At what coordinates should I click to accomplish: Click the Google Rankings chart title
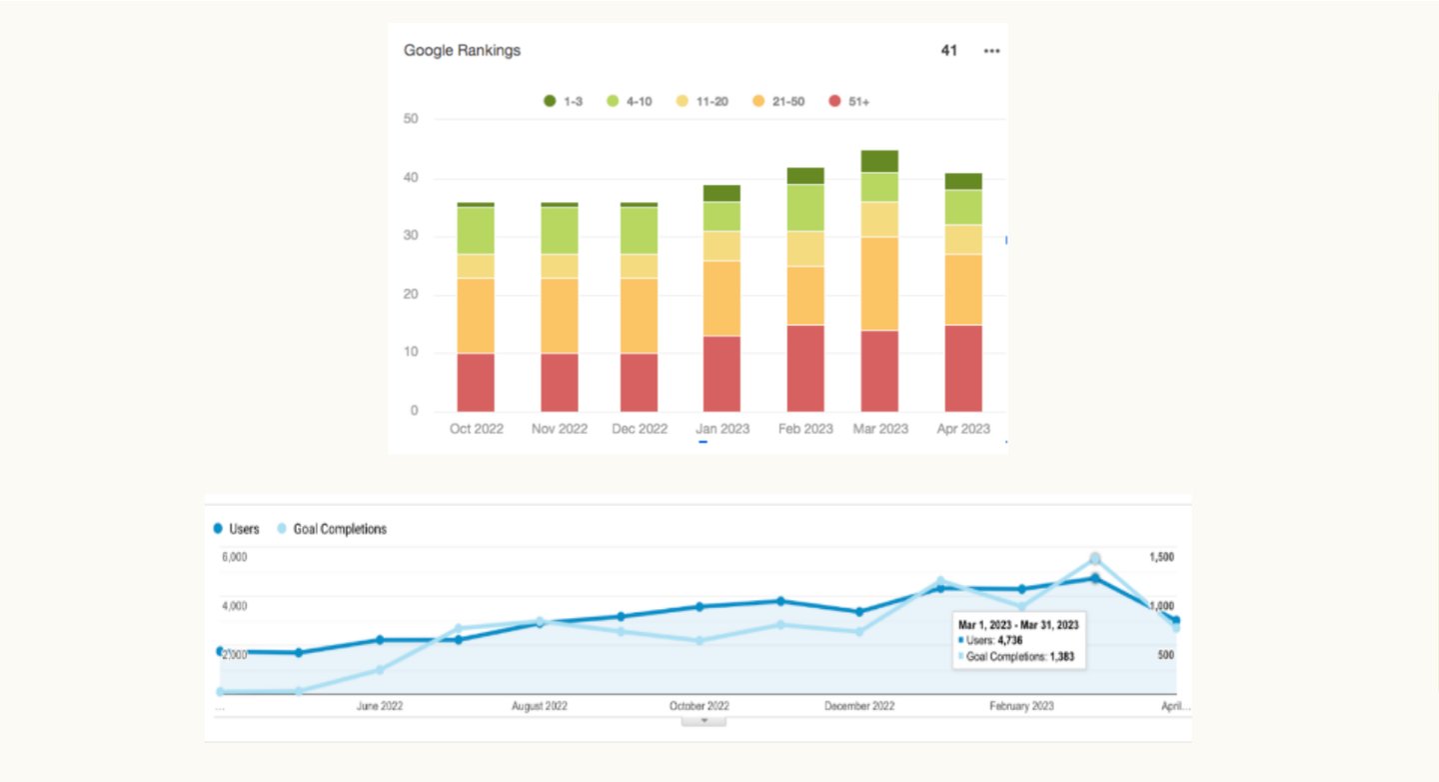coord(462,51)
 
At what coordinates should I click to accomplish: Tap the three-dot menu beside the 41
coord(991,51)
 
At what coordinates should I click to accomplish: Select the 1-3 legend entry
coord(564,101)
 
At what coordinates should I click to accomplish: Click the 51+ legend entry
coord(850,101)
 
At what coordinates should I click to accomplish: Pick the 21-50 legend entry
coord(778,101)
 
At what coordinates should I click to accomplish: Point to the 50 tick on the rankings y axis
coord(411,119)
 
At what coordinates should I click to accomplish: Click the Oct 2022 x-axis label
coord(477,429)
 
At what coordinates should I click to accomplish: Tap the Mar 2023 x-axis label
coord(879,429)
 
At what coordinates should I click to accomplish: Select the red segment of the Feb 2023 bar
coord(805,368)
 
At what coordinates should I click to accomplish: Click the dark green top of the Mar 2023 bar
coord(879,161)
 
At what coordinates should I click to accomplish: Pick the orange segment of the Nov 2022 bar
coord(560,316)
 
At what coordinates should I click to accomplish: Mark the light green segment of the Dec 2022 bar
coord(640,230)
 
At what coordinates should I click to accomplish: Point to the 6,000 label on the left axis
coord(234,557)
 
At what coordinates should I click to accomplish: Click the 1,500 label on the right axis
coord(1161,557)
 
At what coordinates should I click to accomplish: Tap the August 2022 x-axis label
coord(540,706)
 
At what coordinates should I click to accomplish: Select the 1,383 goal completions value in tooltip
coord(1067,657)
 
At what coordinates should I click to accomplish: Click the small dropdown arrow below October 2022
coord(704,720)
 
